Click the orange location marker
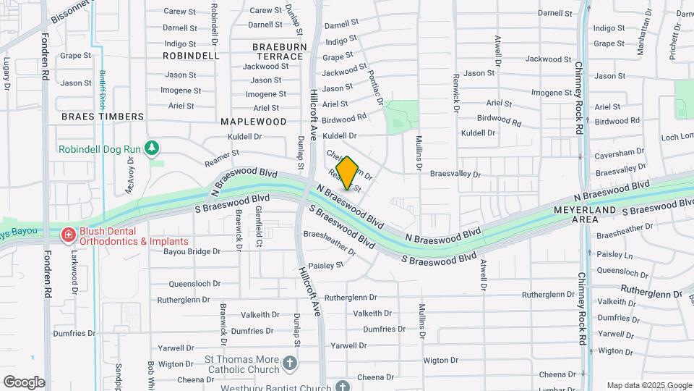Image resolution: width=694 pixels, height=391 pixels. click(x=348, y=172)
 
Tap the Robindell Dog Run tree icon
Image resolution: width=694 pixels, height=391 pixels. click(x=151, y=148)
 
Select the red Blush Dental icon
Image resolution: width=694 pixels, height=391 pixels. click(x=68, y=235)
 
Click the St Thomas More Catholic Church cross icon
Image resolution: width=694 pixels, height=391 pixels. click(x=289, y=362)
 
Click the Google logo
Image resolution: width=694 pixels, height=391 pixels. click(x=24, y=382)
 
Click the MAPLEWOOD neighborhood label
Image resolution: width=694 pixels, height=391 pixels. click(x=254, y=122)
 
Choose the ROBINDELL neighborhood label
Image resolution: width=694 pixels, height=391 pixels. click(x=191, y=55)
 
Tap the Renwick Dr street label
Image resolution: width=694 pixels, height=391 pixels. click(x=456, y=94)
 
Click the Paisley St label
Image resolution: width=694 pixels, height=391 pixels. click(x=325, y=266)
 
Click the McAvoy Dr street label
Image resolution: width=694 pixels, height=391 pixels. click(x=131, y=177)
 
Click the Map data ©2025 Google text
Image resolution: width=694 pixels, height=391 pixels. click(x=648, y=385)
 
